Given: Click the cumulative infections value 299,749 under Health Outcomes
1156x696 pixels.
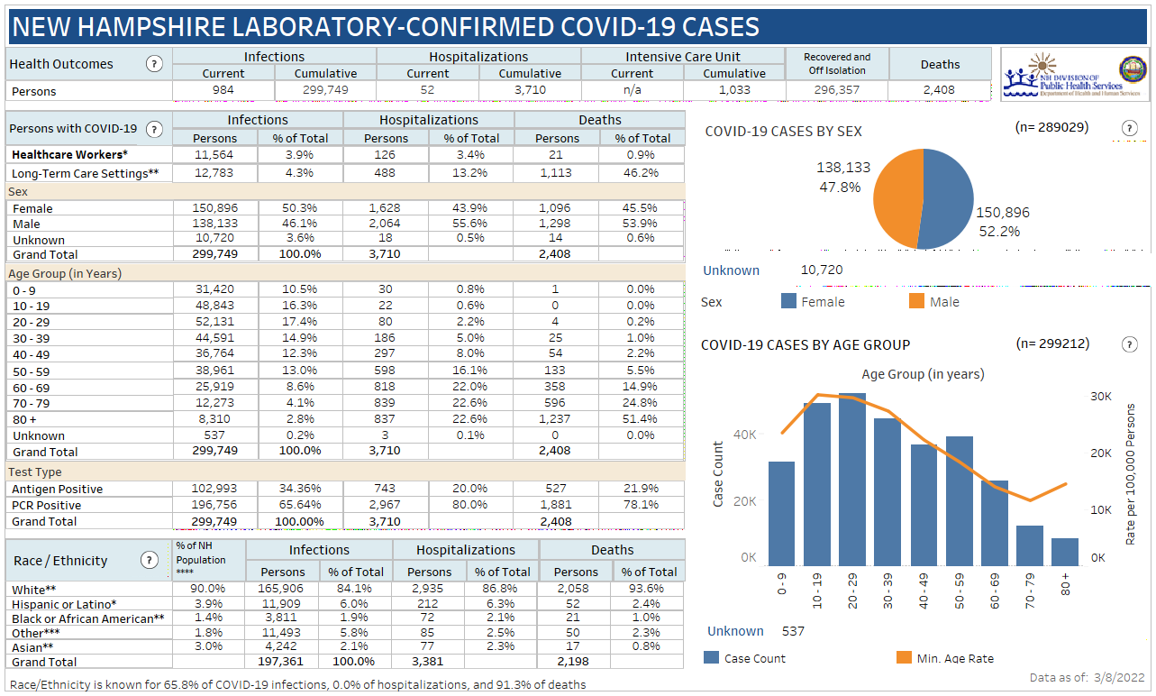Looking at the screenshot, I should point(325,91).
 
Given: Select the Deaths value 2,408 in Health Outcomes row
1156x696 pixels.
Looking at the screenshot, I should point(940,90).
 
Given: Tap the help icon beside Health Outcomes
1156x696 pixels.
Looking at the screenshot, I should point(154,64).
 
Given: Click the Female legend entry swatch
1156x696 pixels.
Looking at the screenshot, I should point(789,302).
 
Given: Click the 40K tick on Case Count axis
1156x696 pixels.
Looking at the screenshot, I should point(744,435).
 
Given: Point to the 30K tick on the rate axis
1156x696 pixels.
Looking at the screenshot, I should point(1101,396).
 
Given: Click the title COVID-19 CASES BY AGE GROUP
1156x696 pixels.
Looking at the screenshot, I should point(805,344).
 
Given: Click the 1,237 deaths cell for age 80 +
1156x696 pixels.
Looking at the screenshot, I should point(557,419).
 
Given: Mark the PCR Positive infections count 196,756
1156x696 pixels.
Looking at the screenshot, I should point(214,505).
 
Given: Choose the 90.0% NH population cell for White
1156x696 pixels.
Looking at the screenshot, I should point(207,589).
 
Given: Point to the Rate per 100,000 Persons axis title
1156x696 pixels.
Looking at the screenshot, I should point(1131,474).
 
